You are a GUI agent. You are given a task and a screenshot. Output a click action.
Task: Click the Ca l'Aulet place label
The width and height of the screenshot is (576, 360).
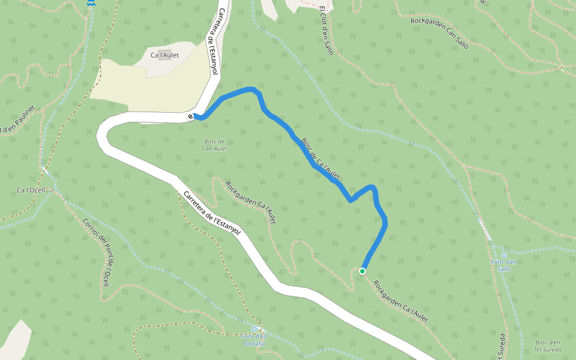pyautogui.click(x=165, y=55)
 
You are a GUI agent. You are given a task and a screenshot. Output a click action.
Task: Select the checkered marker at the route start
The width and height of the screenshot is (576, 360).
pyautogui.click(x=190, y=116)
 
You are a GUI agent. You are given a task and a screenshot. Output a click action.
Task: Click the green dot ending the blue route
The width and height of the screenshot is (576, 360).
pyautogui.click(x=362, y=271)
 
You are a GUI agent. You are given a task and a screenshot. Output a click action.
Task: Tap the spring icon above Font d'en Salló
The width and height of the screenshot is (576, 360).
pyautogui.click(x=503, y=255)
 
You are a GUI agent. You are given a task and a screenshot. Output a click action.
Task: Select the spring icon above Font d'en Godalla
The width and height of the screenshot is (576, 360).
pyautogui.click(x=254, y=329)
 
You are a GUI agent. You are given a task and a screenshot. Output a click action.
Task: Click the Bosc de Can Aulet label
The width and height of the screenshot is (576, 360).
pyautogui.click(x=214, y=145)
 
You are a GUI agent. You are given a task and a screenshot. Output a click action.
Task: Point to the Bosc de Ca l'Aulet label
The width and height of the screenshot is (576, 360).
pyautogui.click(x=321, y=159)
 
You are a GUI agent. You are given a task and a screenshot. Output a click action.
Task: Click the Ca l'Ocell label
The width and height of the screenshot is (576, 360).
pyautogui.click(x=31, y=190)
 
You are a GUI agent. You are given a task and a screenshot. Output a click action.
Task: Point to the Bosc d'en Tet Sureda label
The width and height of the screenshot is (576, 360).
pyautogui.click(x=547, y=346)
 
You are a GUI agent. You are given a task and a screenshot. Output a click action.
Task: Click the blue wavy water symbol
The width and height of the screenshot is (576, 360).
pyautogui.click(x=91, y=4)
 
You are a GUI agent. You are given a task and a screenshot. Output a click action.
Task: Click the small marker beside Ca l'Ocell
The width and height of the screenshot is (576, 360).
pyautogui.click(x=52, y=190)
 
